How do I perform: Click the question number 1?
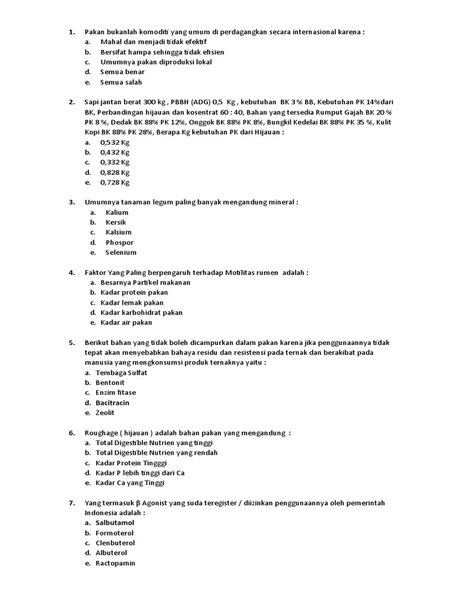pyautogui.click(x=71, y=32)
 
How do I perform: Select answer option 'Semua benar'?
pyautogui.click(x=122, y=72)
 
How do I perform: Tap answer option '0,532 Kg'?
pyautogui.click(x=115, y=142)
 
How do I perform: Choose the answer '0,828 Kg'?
pyautogui.click(x=115, y=172)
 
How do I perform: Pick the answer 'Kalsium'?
pyautogui.click(x=118, y=232)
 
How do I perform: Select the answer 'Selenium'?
pyautogui.click(x=121, y=253)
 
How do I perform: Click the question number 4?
pyautogui.click(x=71, y=273)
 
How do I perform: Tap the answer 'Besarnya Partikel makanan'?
pyautogui.click(x=145, y=283)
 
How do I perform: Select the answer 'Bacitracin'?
pyautogui.click(x=113, y=403)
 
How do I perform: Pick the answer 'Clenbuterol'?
pyautogui.click(x=115, y=543)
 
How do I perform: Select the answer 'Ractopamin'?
pyautogui.click(x=115, y=563)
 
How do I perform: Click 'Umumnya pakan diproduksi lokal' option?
pyautogui.click(x=156, y=62)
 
